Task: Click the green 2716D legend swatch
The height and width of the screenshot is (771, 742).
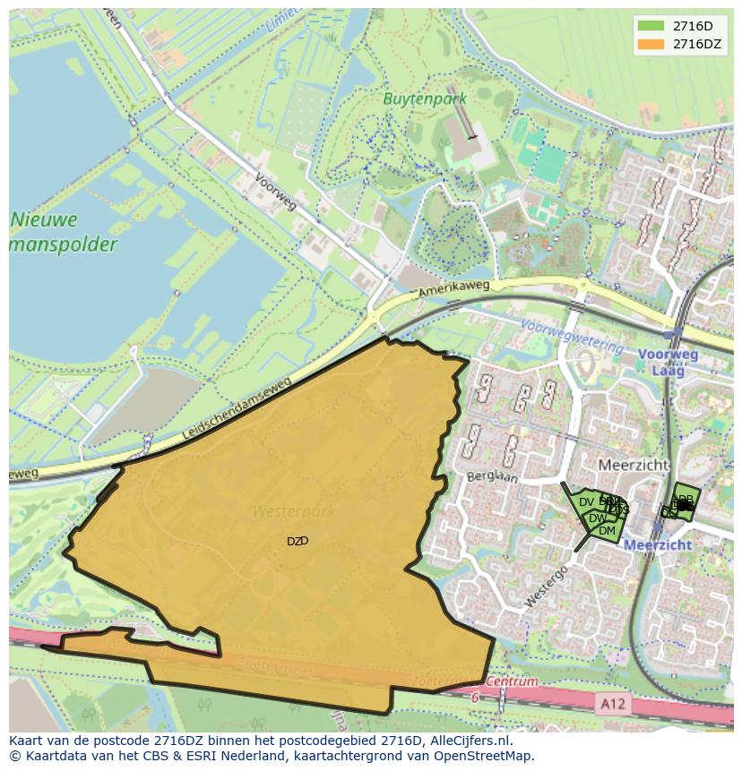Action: (651, 25)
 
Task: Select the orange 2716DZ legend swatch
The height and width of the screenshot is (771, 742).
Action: (651, 44)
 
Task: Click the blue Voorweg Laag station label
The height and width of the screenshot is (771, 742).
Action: (668, 362)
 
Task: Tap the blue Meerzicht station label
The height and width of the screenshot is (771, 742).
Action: (657, 544)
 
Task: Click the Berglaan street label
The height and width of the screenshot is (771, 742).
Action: (492, 477)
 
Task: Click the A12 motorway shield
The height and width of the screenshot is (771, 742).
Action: (613, 704)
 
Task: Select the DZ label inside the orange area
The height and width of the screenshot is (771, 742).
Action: (297, 541)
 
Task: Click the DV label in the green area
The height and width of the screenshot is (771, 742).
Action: (586, 504)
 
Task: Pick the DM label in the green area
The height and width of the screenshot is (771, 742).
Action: (607, 531)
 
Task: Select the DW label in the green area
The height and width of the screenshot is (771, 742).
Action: (597, 518)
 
